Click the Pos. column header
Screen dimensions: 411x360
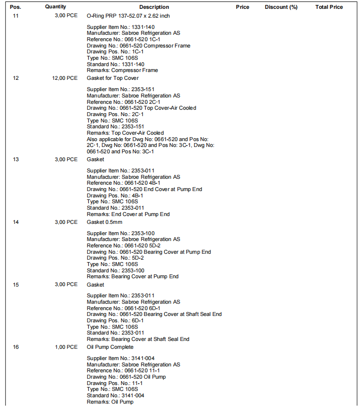point(16,7)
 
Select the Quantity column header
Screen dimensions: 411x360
point(55,7)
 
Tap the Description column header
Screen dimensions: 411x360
point(154,7)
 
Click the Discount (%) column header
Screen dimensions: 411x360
point(281,7)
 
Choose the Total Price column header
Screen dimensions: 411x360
point(329,7)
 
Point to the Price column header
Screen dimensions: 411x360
point(242,7)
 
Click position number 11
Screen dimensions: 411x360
point(16,16)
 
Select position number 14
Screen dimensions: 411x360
point(16,222)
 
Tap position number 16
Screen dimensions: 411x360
point(16,347)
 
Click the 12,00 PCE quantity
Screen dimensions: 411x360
point(65,78)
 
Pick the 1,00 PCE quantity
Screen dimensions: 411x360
point(66,347)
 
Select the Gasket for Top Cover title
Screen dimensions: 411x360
point(112,78)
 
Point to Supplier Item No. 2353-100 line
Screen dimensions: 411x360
point(115,233)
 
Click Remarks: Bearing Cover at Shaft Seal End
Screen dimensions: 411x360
point(138,339)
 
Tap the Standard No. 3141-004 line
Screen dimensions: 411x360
point(115,396)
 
